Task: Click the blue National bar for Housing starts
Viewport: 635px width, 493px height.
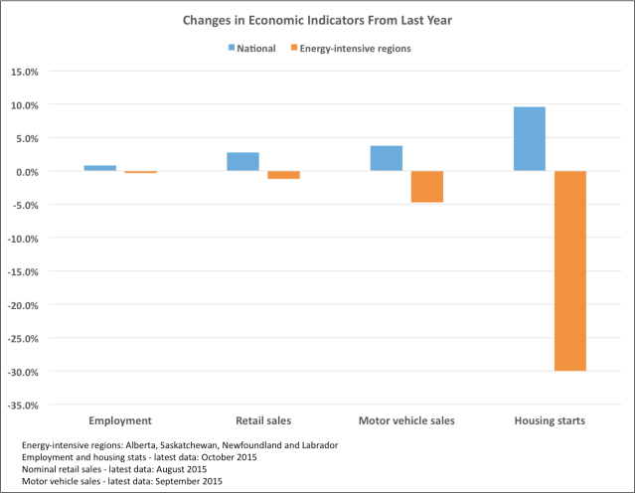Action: [529, 139]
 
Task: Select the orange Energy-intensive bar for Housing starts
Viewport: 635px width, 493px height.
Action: [569, 270]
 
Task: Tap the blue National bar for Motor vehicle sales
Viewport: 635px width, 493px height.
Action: [386, 158]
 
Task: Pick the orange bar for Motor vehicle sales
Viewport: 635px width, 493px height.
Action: [426, 187]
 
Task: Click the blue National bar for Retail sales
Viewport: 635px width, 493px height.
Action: [242, 162]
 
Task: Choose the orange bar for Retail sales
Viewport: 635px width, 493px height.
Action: [283, 175]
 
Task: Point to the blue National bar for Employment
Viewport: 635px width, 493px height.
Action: [99, 168]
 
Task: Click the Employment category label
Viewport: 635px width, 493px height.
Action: [120, 421]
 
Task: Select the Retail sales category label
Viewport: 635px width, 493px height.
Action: [263, 421]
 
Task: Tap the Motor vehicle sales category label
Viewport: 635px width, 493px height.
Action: [406, 421]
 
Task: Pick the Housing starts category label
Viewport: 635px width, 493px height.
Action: [550, 421]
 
